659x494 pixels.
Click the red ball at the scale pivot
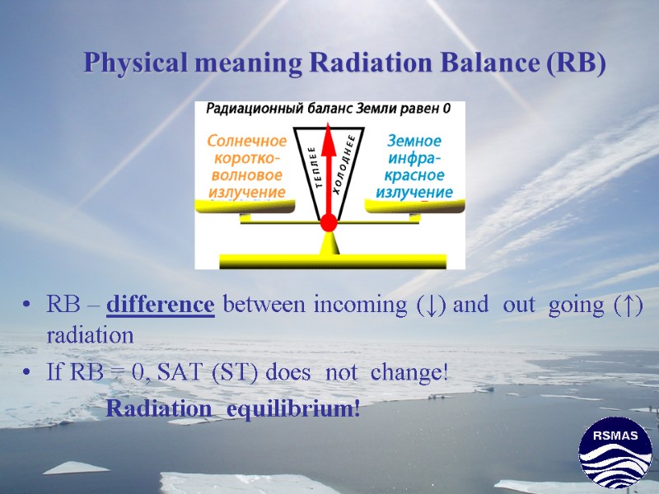[329, 222]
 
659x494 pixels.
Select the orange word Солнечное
[246, 141]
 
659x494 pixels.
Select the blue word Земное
[414, 141]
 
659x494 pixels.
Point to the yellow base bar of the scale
[332, 261]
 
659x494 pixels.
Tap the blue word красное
[414, 175]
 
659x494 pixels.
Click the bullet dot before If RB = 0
[30, 373]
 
